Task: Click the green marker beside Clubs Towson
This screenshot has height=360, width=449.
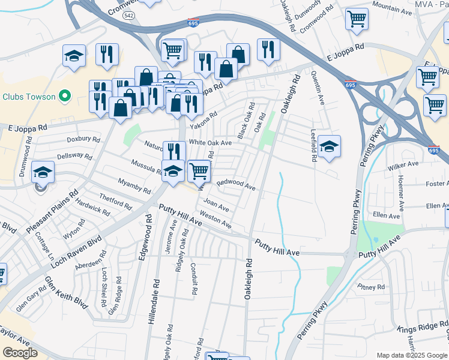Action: click(65, 97)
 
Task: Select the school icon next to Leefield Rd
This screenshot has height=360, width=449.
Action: click(329, 146)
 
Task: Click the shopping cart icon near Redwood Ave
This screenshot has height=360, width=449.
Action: click(198, 171)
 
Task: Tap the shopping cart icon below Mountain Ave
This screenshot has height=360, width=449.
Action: click(357, 19)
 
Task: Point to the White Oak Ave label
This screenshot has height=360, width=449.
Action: click(210, 143)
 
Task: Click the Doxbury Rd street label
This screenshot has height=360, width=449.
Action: click(83, 139)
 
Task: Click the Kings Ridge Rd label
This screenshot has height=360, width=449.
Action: click(420, 329)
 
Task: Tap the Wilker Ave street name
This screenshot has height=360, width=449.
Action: click(403, 164)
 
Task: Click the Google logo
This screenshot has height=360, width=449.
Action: click(20, 353)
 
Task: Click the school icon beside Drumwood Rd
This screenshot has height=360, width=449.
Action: click(43, 173)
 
